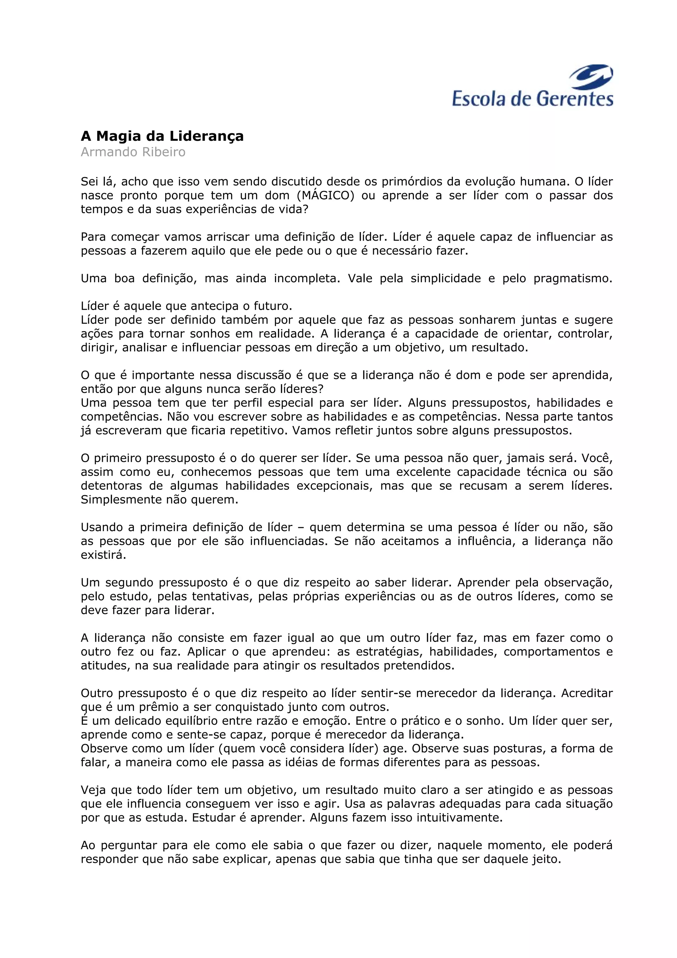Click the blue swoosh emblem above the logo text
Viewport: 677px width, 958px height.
click(591, 77)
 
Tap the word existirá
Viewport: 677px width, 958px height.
click(103, 555)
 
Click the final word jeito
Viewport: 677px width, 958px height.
click(547, 859)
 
